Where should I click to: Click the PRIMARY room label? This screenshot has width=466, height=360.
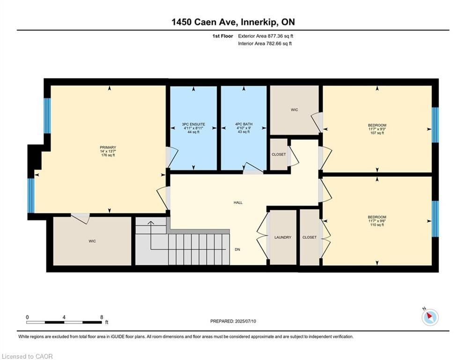pyautogui.click(x=108, y=147)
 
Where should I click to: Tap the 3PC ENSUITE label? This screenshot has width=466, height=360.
pyautogui.click(x=193, y=124)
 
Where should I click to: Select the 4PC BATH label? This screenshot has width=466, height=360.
pyautogui.click(x=244, y=124)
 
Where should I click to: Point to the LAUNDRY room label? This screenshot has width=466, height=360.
pyautogui.click(x=282, y=237)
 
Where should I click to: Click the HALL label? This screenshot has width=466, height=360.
pyautogui.click(x=238, y=202)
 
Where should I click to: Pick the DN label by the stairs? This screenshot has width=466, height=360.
pyautogui.click(x=237, y=250)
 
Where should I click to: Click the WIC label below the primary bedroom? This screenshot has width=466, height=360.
pyautogui.click(x=92, y=241)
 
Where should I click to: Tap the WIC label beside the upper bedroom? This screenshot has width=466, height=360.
pyautogui.click(x=294, y=110)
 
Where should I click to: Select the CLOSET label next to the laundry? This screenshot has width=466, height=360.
pyautogui.click(x=310, y=237)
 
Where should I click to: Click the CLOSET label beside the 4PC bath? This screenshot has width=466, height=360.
pyautogui.click(x=279, y=154)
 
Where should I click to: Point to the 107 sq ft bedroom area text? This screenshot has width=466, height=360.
pyautogui.click(x=377, y=133)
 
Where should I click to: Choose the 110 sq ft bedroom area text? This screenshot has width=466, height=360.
pyautogui.click(x=377, y=225)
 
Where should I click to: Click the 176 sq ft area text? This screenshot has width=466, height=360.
pyautogui.click(x=108, y=155)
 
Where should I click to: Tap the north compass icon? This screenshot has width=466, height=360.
pyautogui.click(x=430, y=317)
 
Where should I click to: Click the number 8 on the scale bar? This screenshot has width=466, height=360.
pyautogui.click(x=102, y=317)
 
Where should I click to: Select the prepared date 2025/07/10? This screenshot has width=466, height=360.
pyautogui.click(x=245, y=321)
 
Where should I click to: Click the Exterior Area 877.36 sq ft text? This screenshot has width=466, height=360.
pyautogui.click(x=266, y=36)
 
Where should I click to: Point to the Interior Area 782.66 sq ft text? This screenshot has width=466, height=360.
pyautogui.click(x=265, y=44)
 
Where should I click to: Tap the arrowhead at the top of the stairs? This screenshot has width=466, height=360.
pyautogui.click(x=151, y=223)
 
